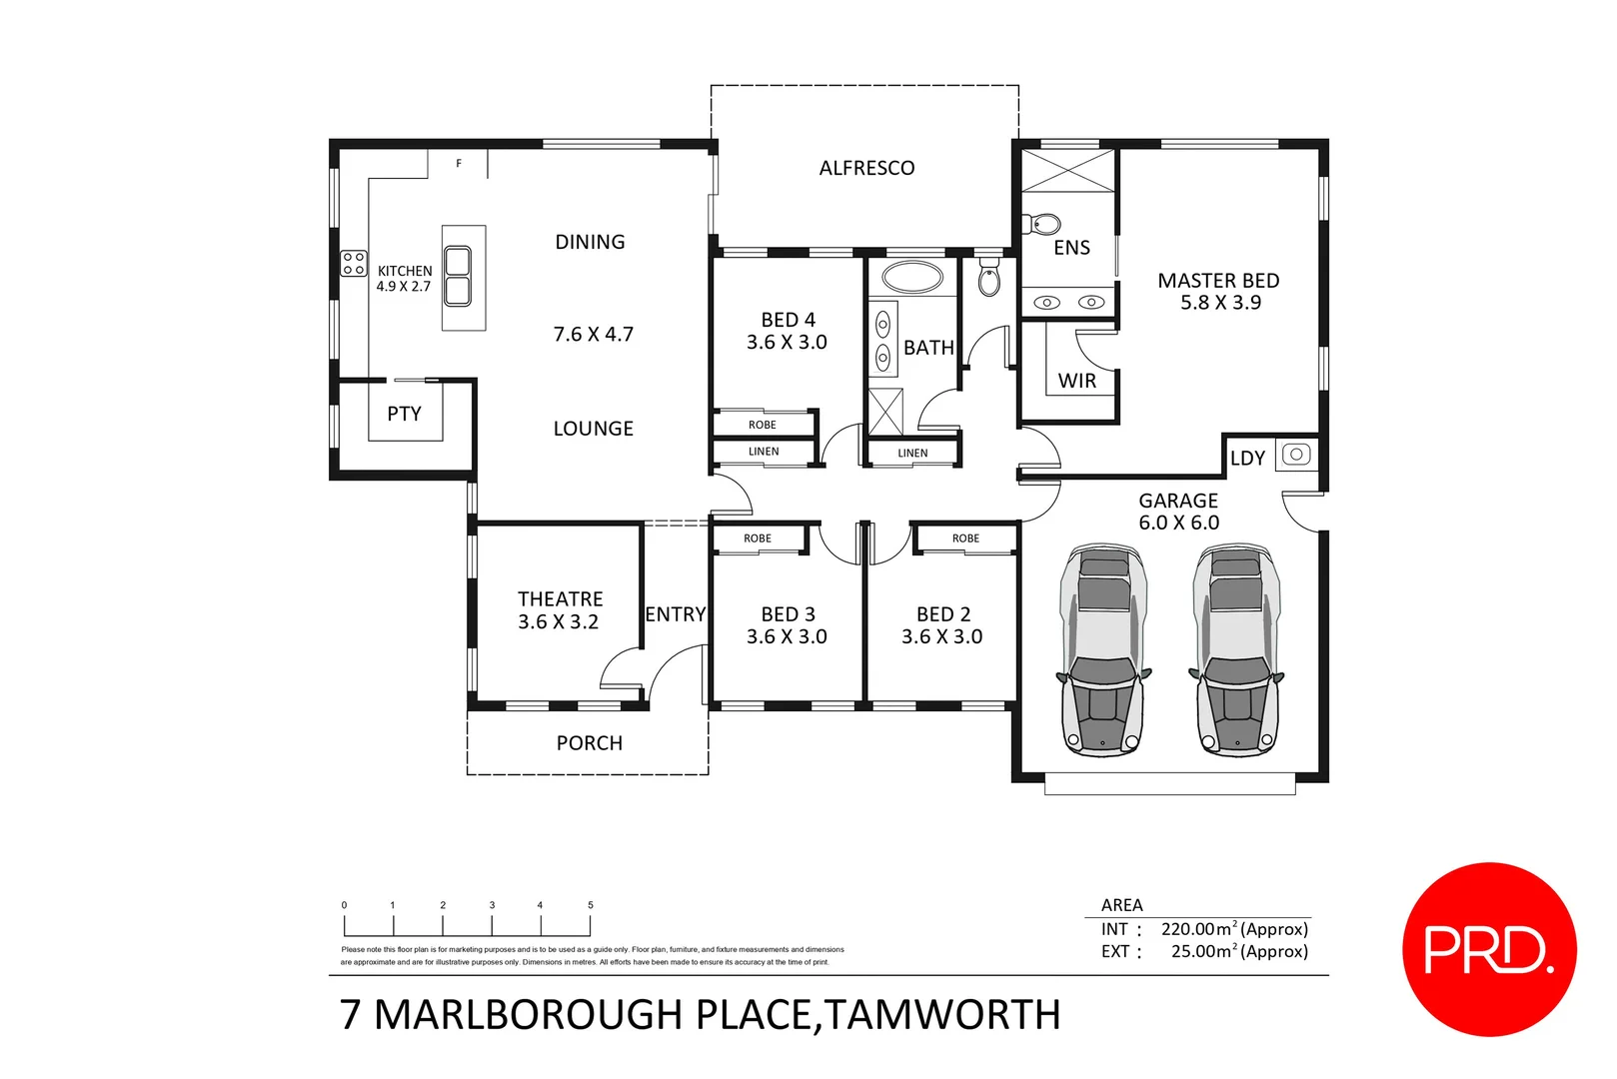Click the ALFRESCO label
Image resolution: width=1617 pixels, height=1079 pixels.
point(866,168)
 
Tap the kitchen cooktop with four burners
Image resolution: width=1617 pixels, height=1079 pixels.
point(354,263)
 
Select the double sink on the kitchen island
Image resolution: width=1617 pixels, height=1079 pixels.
point(458,277)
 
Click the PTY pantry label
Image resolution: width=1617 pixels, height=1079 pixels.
point(404,414)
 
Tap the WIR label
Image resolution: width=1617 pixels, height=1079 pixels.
point(1076,381)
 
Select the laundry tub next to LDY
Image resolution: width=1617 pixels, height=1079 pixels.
point(1296,455)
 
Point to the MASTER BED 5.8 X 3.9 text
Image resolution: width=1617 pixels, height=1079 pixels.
point(1218,291)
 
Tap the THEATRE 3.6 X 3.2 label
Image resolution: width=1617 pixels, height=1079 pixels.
point(560,610)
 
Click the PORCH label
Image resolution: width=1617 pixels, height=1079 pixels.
point(589,743)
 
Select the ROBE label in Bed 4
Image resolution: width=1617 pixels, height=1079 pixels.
point(763,425)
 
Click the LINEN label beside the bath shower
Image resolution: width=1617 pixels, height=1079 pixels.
point(912,453)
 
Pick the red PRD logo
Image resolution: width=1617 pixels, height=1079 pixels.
point(1488,948)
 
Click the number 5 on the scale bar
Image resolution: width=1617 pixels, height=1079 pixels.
point(591,905)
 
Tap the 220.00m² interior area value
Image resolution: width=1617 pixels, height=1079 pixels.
point(1197,929)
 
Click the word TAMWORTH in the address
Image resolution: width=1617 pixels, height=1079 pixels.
point(942,1015)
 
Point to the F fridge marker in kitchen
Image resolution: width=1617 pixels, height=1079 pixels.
point(459,163)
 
